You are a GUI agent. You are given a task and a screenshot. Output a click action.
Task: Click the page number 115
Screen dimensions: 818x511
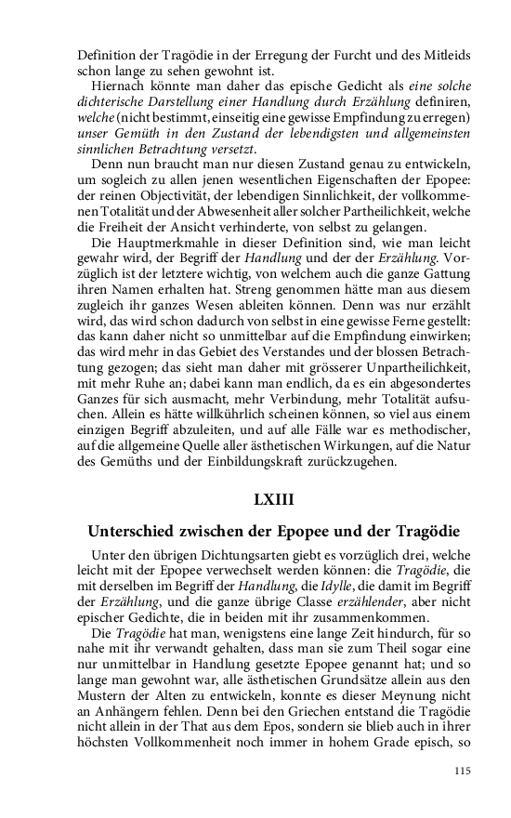tap(463, 770)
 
